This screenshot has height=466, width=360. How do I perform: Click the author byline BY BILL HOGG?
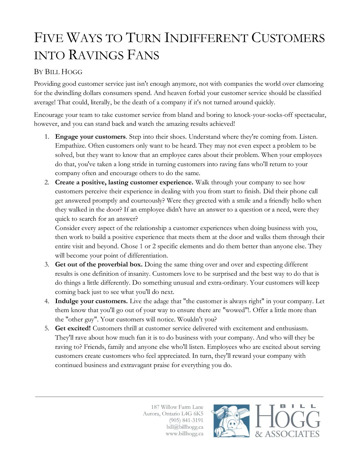[x=58, y=72]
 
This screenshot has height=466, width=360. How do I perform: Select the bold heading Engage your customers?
[x=90, y=137]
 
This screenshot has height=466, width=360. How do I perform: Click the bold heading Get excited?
[x=73, y=328]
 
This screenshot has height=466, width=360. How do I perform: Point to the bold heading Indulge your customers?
[x=91, y=301]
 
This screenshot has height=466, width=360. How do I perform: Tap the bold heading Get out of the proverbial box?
[x=99, y=264]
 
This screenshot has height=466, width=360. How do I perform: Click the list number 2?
[x=47, y=182]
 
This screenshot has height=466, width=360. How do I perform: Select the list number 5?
[x=47, y=328]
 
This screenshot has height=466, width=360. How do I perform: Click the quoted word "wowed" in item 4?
[x=235, y=310]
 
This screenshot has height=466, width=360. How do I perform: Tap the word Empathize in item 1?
[x=70, y=146]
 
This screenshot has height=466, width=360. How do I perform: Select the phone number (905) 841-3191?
[x=186, y=420]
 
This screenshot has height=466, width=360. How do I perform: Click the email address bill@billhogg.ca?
[x=185, y=427]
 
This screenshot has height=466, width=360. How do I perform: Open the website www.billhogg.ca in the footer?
[x=185, y=434]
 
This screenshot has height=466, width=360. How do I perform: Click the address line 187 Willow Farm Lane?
[x=177, y=407]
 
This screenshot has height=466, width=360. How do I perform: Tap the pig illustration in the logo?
[x=231, y=421]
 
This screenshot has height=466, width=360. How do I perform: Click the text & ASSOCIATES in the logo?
[x=287, y=434]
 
